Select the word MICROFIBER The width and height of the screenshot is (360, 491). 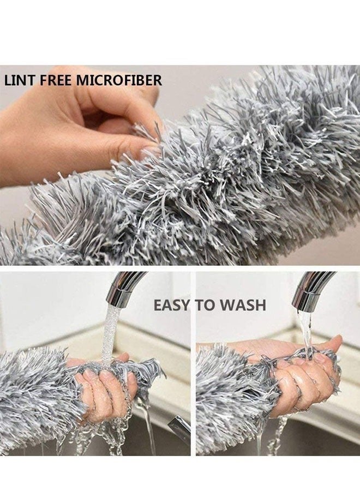119,81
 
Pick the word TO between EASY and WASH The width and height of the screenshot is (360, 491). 206,305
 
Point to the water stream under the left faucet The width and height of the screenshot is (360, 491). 112,333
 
